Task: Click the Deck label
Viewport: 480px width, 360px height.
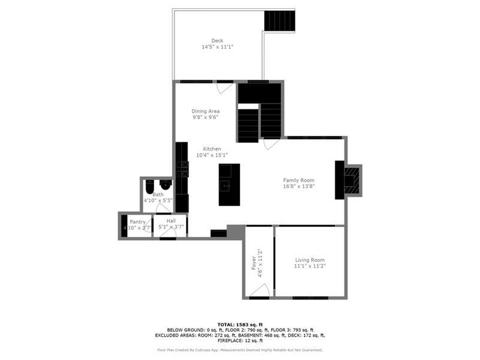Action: click(x=217, y=41)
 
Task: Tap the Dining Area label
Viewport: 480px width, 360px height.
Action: click(x=205, y=111)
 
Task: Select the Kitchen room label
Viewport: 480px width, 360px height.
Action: click(x=212, y=149)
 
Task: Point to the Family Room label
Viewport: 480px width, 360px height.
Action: click(x=299, y=180)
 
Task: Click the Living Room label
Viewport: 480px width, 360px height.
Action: click(x=310, y=259)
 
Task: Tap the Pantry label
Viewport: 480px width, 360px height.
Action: click(x=137, y=222)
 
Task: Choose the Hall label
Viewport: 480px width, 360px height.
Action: click(x=171, y=221)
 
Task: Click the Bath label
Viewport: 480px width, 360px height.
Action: click(x=158, y=194)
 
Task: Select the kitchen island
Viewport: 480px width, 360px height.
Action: click(x=229, y=184)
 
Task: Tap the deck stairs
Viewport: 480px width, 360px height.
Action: click(x=280, y=21)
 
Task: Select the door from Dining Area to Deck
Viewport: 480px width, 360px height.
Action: click(x=224, y=88)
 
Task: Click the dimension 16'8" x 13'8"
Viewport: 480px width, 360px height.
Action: click(x=299, y=187)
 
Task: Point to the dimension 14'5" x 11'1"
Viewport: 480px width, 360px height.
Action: click(x=217, y=47)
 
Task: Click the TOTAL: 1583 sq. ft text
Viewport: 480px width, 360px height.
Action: click(x=240, y=323)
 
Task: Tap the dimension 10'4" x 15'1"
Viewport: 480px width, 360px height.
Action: click(x=212, y=155)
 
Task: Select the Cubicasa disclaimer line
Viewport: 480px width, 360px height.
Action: click(x=240, y=350)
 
